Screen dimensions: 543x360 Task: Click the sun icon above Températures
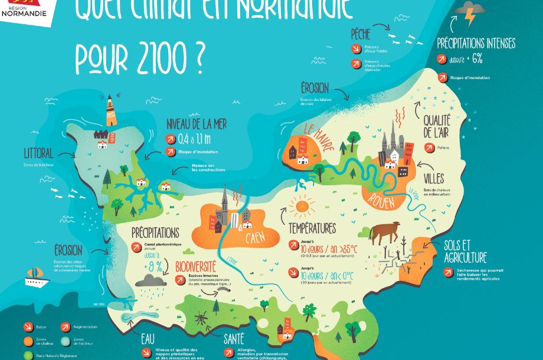tap(303, 206)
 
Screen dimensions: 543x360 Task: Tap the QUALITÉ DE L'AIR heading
tap(437, 125)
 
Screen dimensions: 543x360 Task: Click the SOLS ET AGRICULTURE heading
tap(466, 251)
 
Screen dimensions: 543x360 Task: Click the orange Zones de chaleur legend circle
tap(28, 341)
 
